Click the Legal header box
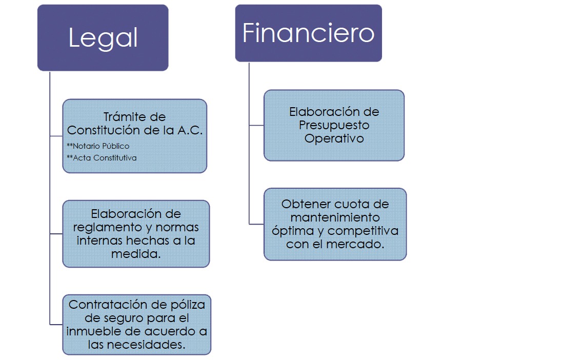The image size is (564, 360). click(103, 38)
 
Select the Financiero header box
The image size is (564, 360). click(308, 33)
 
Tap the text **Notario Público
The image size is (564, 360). click(98, 146)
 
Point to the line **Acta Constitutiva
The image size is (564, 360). click(102, 158)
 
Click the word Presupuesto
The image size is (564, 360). click(334, 125)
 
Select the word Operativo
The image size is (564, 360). click(334, 138)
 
